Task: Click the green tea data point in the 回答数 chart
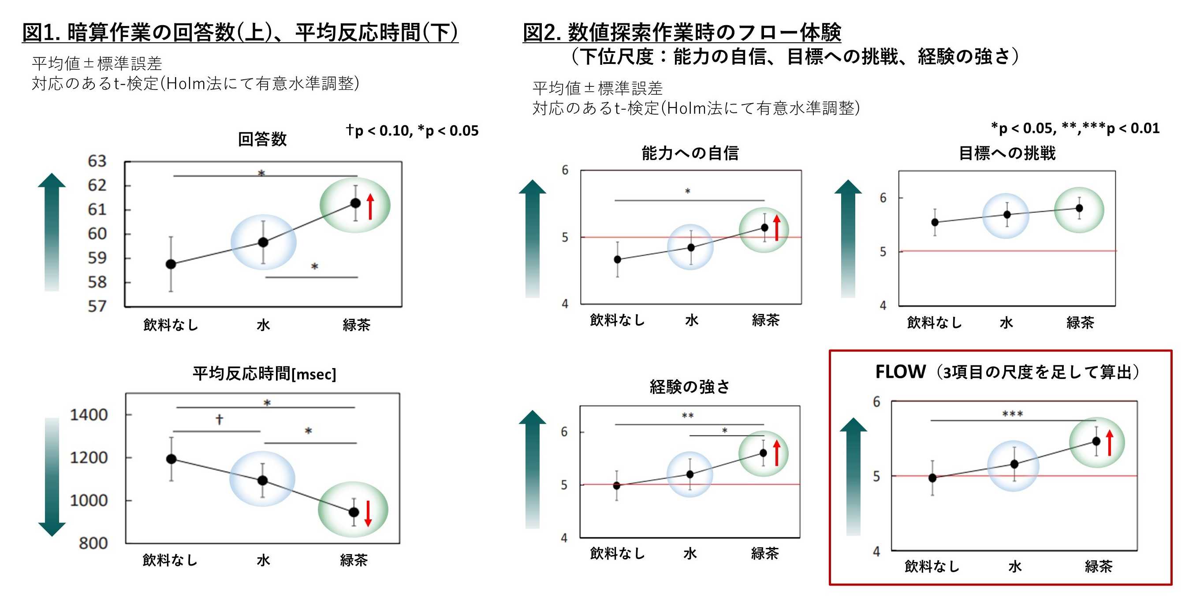355,203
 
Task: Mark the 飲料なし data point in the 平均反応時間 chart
171,459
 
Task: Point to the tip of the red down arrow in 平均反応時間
368,526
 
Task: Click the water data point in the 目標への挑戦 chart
1007,215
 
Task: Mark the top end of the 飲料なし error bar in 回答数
171,237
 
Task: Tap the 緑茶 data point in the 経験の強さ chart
763,453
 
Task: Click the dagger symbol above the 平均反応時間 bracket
220,419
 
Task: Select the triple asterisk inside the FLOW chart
1013,413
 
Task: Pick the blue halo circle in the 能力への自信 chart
690,247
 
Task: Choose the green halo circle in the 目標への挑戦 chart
1079,210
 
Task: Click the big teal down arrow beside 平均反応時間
52,477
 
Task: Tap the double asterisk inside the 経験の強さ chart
688,416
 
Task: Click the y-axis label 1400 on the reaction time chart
89,415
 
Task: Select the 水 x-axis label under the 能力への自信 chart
692,320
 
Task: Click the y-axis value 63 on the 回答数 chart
97,161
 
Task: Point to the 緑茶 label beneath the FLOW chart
1099,566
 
